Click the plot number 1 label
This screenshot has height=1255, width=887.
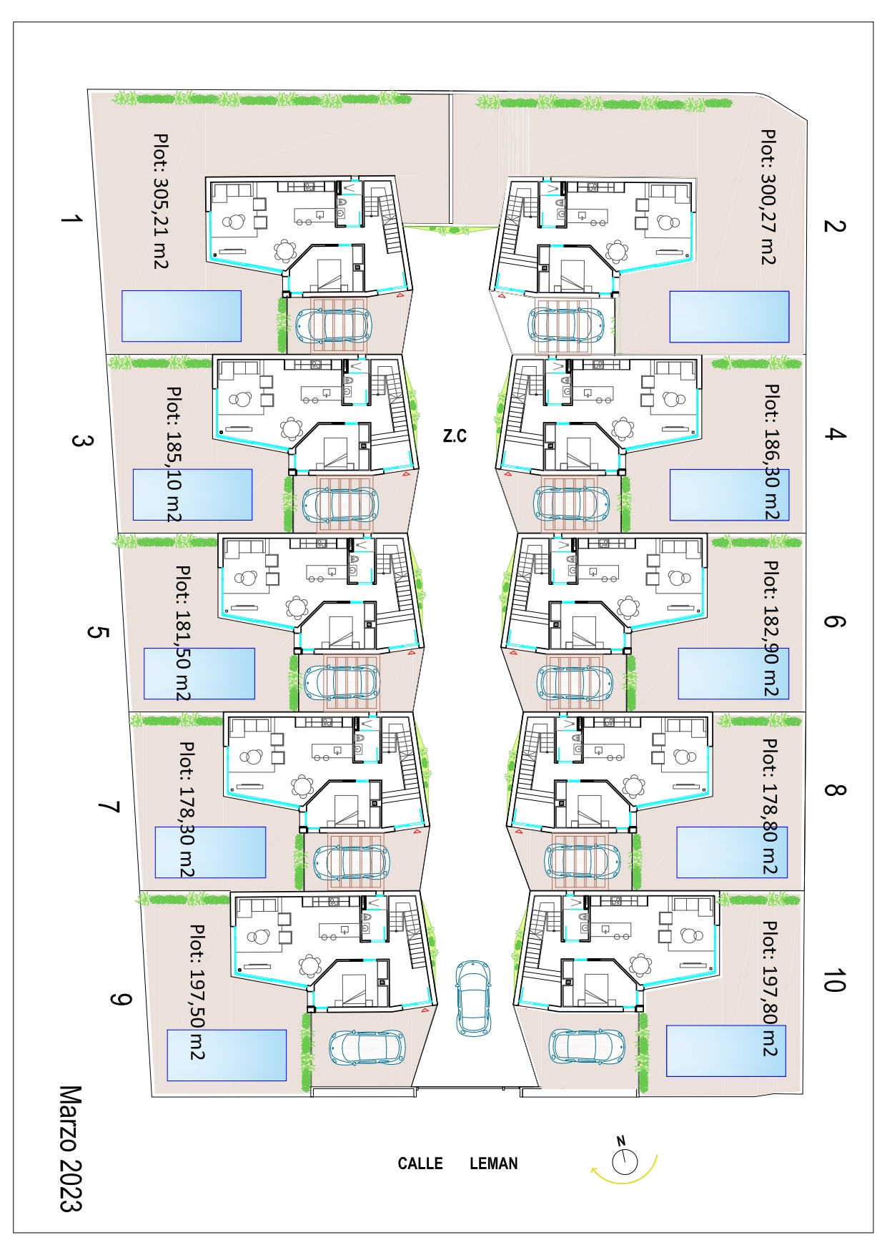pyautogui.click(x=71, y=219)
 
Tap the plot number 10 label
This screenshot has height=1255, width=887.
pyautogui.click(x=834, y=981)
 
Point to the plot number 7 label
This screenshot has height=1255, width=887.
pyautogui.click(x=109, y=807)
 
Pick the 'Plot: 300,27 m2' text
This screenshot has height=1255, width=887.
pyautogui.click(x=768, y=197)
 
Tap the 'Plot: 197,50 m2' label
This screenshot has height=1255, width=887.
pyautogui.click(x=197, y=992)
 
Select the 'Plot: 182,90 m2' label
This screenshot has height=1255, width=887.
pyautogui.click(x=770, y=628)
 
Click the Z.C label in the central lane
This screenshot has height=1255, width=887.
pyautogui.click(x=455, y=435)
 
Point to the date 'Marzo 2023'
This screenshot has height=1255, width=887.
pyautogui.click(x=71, y=1148)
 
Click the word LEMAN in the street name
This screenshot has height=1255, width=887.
pyautogui.click(x=494, y=1163)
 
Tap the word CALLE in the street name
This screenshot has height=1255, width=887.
pyautogui.click(x=420, y=1163)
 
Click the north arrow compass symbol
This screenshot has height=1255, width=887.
pyautogui.click(x=624, y=1160)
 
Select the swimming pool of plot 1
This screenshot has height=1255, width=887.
pyautogui.click(x=182, y=316)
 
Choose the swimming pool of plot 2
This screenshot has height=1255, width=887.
pyautogui.click(x=729, y=317)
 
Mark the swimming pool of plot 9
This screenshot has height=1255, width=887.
pyautogui.click(x=227, y=1055)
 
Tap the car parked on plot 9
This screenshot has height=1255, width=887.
pyautogui.click(x=367, y=1049)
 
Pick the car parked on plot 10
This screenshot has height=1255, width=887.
pyautogui.click(x=587, y=1047)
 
